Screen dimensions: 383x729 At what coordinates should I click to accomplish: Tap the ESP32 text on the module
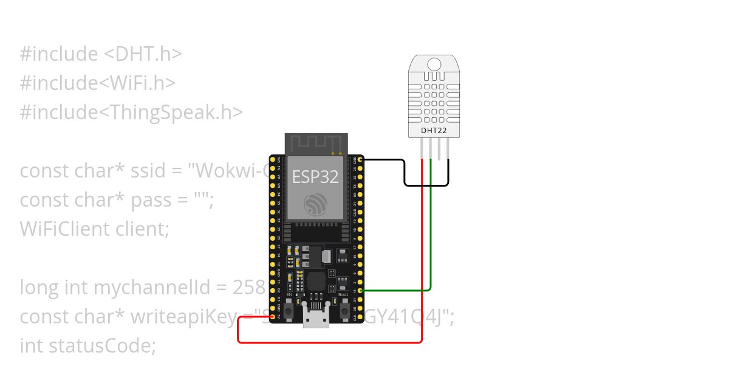(315, 176)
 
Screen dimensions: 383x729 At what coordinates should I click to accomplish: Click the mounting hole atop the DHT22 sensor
(434, 64)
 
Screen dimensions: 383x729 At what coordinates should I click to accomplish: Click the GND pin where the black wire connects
(361, 160)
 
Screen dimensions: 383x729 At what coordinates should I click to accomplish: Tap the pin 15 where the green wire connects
(361, 291)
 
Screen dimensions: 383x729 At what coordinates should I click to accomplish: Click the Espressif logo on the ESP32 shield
(315, 204)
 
